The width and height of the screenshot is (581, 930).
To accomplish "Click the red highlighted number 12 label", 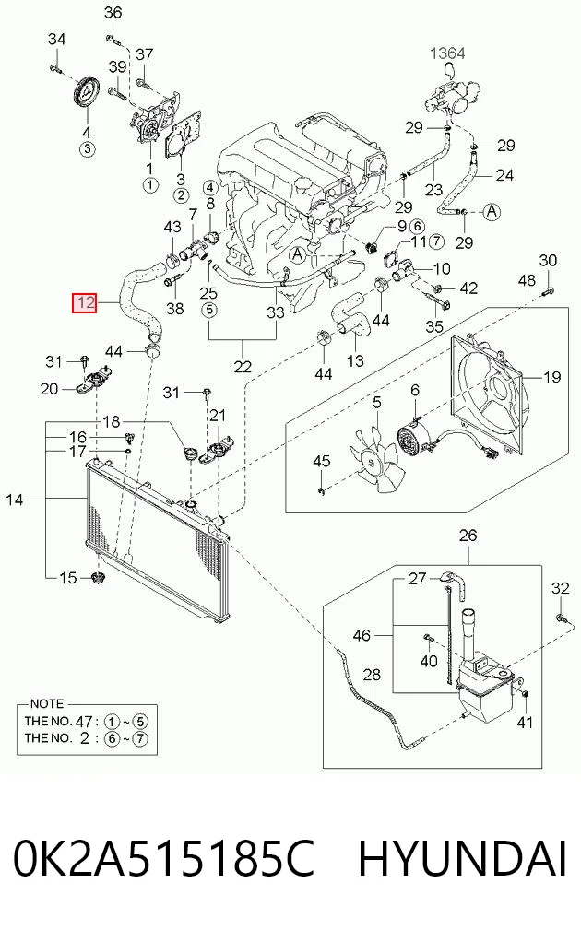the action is click(84, 303).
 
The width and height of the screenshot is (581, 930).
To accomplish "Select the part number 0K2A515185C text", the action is click(164, 859).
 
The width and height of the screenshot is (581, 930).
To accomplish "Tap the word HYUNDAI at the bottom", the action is click(463, 859).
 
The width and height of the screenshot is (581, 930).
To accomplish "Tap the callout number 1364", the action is click(447, 53).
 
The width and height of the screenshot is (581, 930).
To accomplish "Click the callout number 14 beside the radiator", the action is click(14, 500).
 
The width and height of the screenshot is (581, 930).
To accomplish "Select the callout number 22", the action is click(243, 367).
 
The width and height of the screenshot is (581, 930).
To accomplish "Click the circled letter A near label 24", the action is click(492, 211).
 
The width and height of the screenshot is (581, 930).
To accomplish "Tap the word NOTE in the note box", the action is click(46, 703).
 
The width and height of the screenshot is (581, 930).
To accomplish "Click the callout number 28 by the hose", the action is click(372, 675).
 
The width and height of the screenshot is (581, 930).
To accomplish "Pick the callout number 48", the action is click(527, 280).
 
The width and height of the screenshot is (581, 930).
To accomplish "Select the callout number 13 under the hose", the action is click(355, 360).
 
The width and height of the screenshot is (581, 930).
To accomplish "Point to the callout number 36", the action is click(113, 12).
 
